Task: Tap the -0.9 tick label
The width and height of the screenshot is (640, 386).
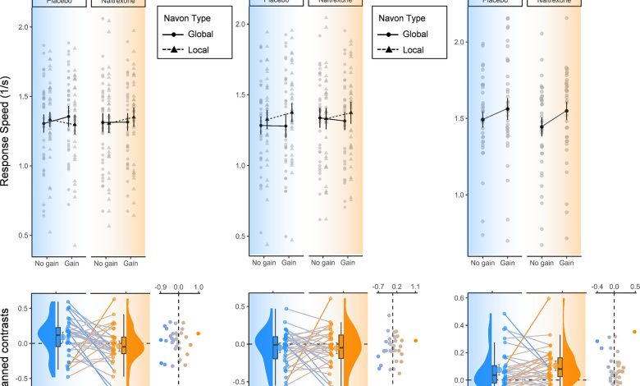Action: (162, 287)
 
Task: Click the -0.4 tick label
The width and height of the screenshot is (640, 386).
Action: (596, 287)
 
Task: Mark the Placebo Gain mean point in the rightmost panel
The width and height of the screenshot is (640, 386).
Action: (508, 108)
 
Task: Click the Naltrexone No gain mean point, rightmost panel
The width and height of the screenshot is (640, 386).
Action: (541, 126)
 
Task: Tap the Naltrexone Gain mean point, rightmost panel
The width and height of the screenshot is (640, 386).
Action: (566, 111)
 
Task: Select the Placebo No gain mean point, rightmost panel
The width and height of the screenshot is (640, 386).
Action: (482, 119)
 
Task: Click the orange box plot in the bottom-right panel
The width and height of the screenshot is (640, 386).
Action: (560, 365)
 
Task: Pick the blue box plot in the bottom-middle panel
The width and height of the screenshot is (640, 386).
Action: (276, 347)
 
